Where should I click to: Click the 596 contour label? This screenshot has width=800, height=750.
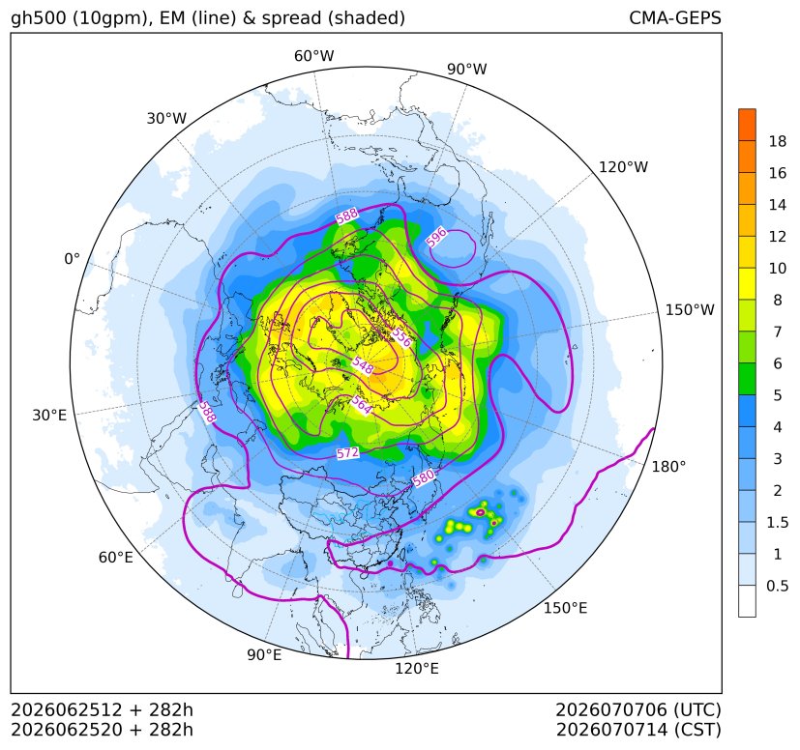pyautogui.click(x=436, y=237)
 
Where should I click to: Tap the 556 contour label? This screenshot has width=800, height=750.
pyautogui.click(x=401, y=337)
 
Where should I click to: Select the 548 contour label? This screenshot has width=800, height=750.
pyautogui.click(x=363, y=365)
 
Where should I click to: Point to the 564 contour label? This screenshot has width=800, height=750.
pyautogui.click(x=361, y=405)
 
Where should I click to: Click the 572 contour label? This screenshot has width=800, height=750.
pyautogui.click(x=347, y=452)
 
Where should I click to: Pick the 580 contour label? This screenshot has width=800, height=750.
pyautogui.click(x=424, y=478)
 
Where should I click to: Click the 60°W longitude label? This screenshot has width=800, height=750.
pyautogui.click(x=313, y=56)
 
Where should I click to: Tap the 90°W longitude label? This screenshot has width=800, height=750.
pyautogui.click(x=467, y=69)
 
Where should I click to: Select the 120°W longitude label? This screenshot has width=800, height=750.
pyautogui.click(x=623, y=167)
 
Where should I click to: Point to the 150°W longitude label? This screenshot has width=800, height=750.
pyautogui.click(x=690, y=309)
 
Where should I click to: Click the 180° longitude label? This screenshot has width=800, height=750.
pyautogui.click(x=668, y=467)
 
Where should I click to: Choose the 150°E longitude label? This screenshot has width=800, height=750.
pyautogui.click(x=565, y=608)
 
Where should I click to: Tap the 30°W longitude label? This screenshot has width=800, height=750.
pyautogui.click(x=166, y=118)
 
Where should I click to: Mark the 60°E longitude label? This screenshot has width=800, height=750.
pyautogui.click(x=116, y=558)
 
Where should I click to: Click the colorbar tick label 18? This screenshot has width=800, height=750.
pyautogui.click(x=778, y=141)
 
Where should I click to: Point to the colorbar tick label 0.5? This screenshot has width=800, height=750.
pyautogui.click(x=778, y=586)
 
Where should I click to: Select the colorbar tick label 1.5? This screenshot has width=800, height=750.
pyautogui.click(x=778, y=522)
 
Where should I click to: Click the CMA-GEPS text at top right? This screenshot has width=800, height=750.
pyautogui.click(x=675, y=17)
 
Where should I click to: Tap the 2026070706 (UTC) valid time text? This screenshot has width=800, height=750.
pyautogui.click(x=638, y=709)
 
